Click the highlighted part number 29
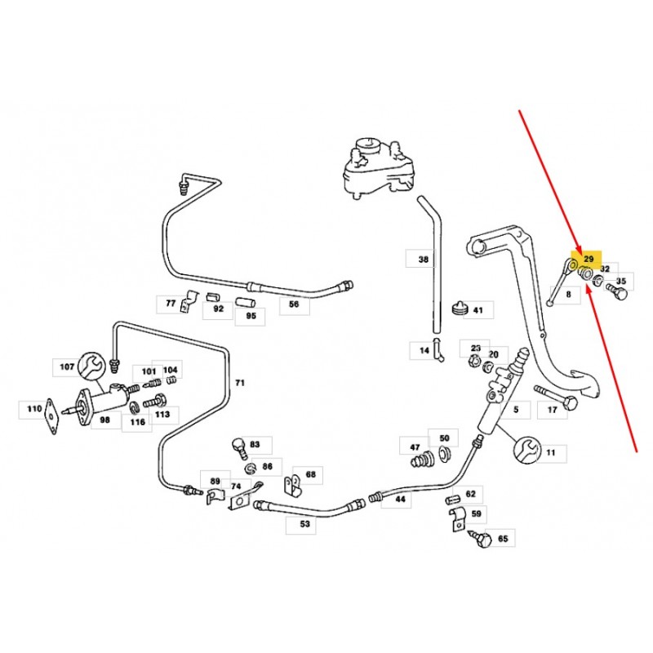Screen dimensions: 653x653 pos(589,258)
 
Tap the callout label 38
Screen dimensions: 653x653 pos(423,260)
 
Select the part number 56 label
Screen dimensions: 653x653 pos(294,306)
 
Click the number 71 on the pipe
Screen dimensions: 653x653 pos(240,382)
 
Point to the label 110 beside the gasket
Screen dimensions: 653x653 pos(34,409)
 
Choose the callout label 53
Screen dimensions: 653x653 pos(304,525)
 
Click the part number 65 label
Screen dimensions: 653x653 pos(503,539)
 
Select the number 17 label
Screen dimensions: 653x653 pos(552,409)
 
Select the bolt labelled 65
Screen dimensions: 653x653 pos(482,540)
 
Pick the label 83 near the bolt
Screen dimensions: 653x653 pos(255,445)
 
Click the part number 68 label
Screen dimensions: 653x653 pos(310,474)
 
